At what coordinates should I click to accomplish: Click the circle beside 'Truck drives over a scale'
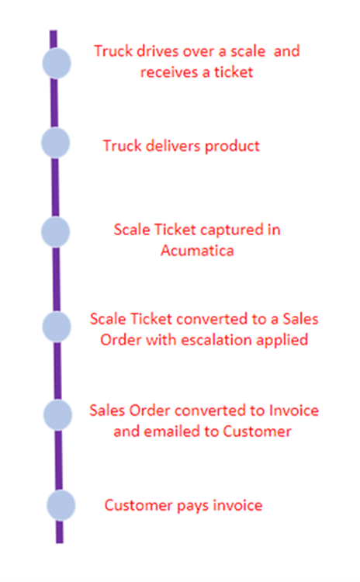(57, 63)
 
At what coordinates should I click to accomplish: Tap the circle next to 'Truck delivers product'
(55, 143)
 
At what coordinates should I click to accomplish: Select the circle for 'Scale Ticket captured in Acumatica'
(55, 232)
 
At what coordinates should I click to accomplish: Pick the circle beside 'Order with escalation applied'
(57, 327)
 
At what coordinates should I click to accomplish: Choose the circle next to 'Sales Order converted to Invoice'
(57, 415)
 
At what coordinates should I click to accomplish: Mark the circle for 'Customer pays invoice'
(61, 505)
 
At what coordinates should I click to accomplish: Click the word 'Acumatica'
(197, 251)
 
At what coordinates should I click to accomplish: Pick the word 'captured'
(219, 230)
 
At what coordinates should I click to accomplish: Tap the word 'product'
(232, 146)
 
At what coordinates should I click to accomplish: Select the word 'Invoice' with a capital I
(293, 411)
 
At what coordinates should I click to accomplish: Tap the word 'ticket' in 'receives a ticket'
(234, 72)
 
